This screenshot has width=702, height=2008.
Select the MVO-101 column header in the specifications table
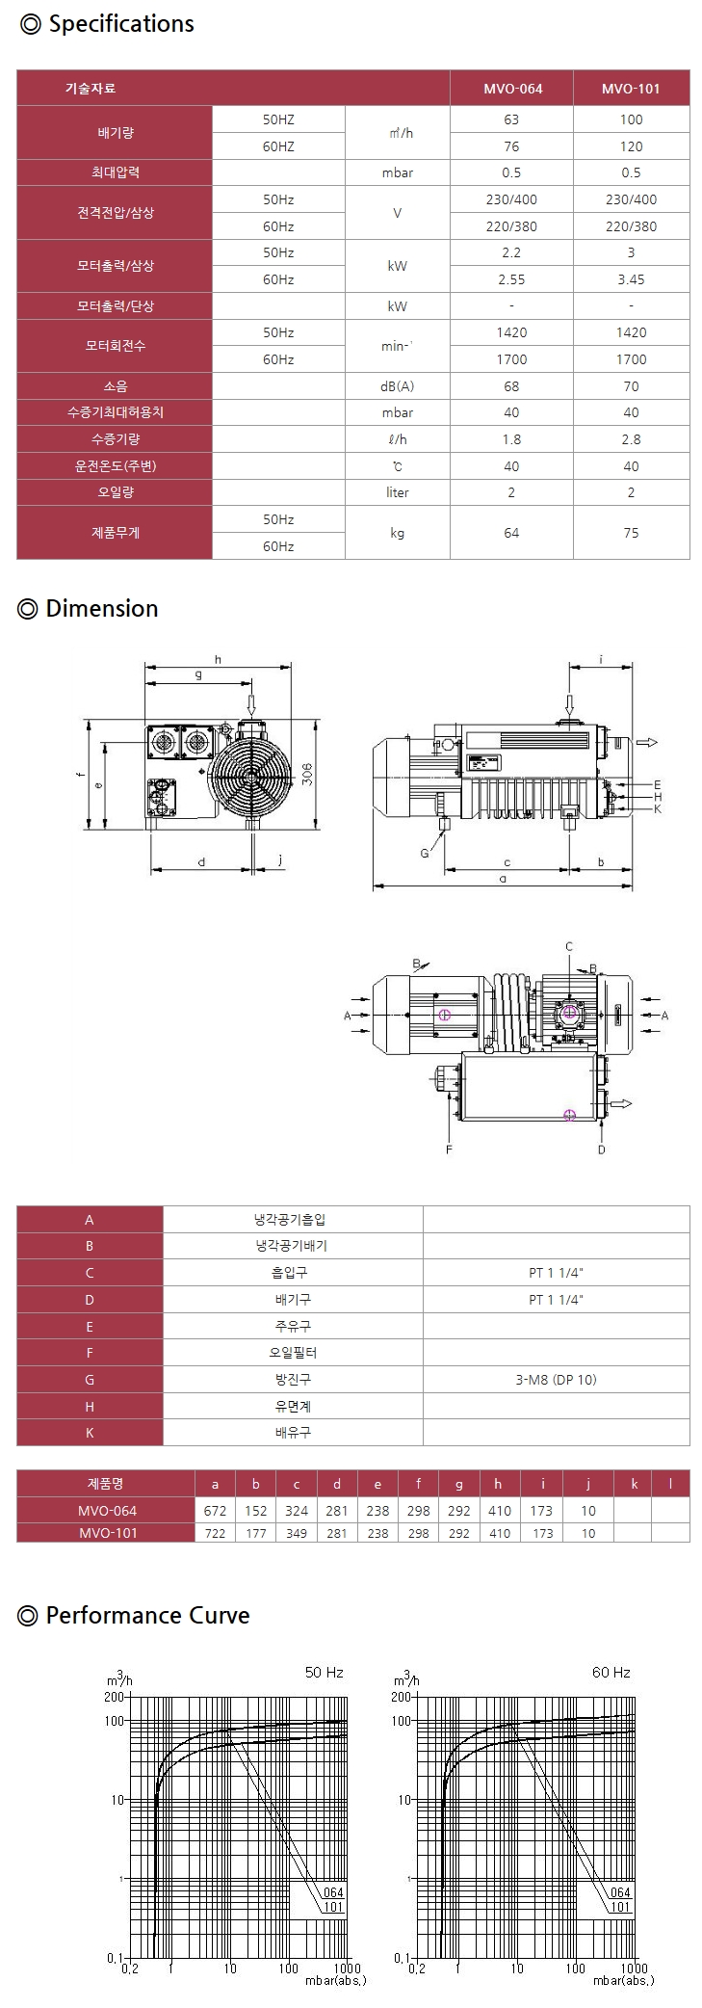(x=631, y=89)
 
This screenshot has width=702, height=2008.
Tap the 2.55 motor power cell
(x=511, y=279)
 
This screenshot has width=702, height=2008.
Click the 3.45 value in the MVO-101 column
(x=631, y=279)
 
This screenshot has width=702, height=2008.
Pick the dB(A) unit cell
(x=397, y=386)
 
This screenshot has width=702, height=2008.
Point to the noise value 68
(x=511, y=386)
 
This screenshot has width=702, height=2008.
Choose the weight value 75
(x=631, y=533)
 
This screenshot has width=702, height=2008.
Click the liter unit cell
(x=397, y=492)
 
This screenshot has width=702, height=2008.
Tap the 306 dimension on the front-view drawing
(x=307, y=773)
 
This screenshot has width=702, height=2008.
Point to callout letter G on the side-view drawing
(x=425, y=853)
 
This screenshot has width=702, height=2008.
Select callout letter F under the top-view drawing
(x=449, y=1149)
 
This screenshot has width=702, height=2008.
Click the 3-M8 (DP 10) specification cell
(x=556, y=1380)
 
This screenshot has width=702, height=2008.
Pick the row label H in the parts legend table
(x=90, y=1407)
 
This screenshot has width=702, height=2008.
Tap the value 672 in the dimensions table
(x=215, y=1511)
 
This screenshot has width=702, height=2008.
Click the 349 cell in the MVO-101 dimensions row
(x=297, y=1533)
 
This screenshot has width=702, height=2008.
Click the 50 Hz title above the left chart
(x=324, y=1673)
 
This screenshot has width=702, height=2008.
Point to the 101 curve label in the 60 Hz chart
(x=620, y=1907)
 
